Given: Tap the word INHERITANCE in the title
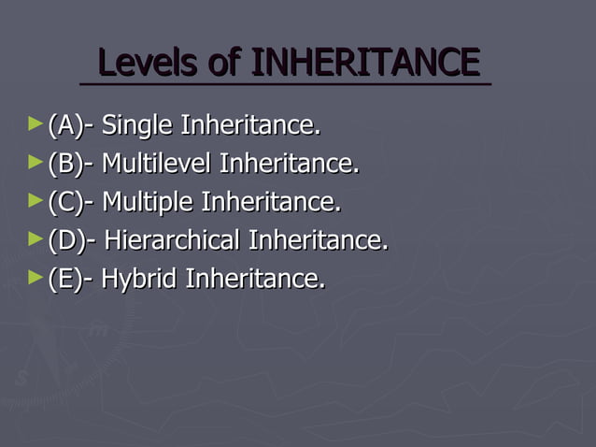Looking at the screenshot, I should pyautogui.click(x=364, y=63).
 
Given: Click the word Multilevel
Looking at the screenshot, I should pyautogui.click(x=156, y=164).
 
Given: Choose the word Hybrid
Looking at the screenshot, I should pyautogui.click(x=140, y=279).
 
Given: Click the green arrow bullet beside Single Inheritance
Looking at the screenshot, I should pyautogui.click(x=35, y=123).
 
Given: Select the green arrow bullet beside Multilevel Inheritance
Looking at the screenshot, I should pyautogui.click(x=35, y=162).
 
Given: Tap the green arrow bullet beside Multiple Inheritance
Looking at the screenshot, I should pyautogui.click(x=35, y=200).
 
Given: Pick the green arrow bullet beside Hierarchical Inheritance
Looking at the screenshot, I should pyautogui.click(x=35, y=238).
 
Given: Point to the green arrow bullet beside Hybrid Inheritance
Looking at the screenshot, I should pyautogui.click(x=35, y=277).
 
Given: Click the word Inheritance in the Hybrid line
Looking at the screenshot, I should pyautogui.click(x=256, y=279).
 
